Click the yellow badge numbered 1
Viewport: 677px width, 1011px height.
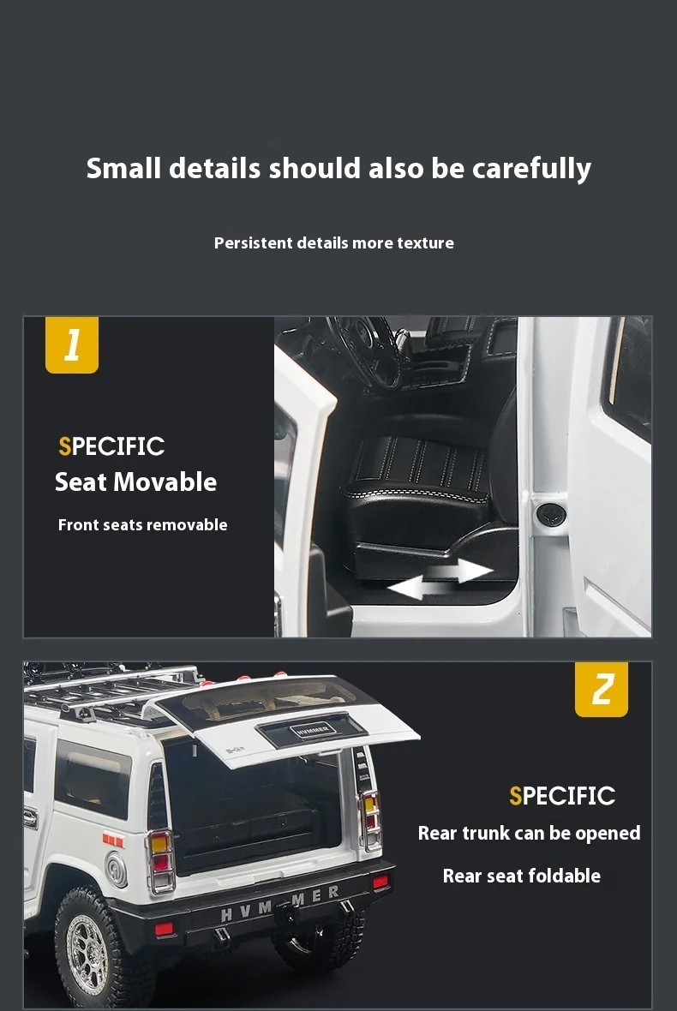coord(72,344)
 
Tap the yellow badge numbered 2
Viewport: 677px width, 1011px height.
coord(601,689)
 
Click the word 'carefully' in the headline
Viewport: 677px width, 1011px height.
coord(531,169)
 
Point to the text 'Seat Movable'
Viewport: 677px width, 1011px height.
coord(135,482)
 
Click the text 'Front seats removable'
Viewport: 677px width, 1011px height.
coord(142,525)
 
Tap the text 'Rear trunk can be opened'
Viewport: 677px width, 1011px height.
coord(529,833)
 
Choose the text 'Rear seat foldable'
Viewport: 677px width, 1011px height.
coord(522,876)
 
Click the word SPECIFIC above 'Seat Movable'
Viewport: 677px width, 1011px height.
coord(111,446)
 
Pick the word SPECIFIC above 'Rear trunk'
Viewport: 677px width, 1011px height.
coord(562,796)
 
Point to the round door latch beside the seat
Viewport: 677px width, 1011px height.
coord(551,515)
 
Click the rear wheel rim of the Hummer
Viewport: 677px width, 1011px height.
coord(87,954)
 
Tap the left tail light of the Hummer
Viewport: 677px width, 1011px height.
coord(160,861)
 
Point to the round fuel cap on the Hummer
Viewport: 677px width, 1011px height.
coord(117,869)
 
